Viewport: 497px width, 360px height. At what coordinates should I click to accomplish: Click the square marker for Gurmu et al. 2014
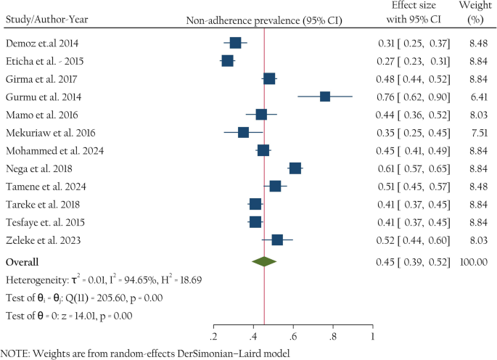point(325,97)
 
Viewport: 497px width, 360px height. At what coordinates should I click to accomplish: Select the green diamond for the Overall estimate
point(264,261)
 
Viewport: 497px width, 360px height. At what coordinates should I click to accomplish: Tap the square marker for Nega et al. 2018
point(295,168)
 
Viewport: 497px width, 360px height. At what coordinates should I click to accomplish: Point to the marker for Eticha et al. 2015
point(228,61)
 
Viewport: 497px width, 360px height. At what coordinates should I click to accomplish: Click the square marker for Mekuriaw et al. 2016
point(244,132)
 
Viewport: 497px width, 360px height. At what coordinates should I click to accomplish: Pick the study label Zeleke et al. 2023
point(44,240)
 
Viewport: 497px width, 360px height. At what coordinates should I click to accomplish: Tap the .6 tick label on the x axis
point(293,337)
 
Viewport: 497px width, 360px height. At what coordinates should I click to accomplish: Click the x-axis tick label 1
point(372,337)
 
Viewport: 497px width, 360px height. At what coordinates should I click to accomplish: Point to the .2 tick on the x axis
point(213,337)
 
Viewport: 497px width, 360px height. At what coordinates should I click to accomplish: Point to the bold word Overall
point(22,261)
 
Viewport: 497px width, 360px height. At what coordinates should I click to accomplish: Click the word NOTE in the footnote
point(14,353)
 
